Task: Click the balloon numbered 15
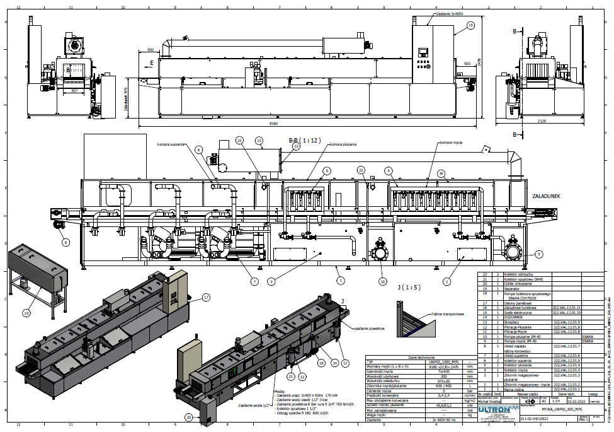coord(470,25)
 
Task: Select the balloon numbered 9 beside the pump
coord(538,254)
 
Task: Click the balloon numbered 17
coord(206,297)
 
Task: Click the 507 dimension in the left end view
coord(75,91)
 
